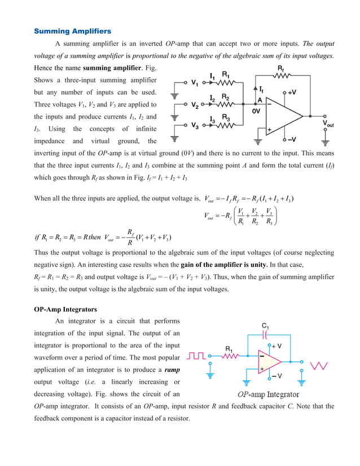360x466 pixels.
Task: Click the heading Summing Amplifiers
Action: [73, 30]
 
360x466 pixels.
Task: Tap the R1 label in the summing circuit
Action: [226, 74]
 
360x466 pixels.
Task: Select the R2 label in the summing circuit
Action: [225, 97]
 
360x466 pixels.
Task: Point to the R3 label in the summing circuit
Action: [225, 117]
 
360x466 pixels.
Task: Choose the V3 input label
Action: [195, 125]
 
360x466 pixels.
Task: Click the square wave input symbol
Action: [197, 356]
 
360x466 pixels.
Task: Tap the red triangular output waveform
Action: [320, 366]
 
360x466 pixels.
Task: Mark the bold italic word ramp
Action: [172, 370]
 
